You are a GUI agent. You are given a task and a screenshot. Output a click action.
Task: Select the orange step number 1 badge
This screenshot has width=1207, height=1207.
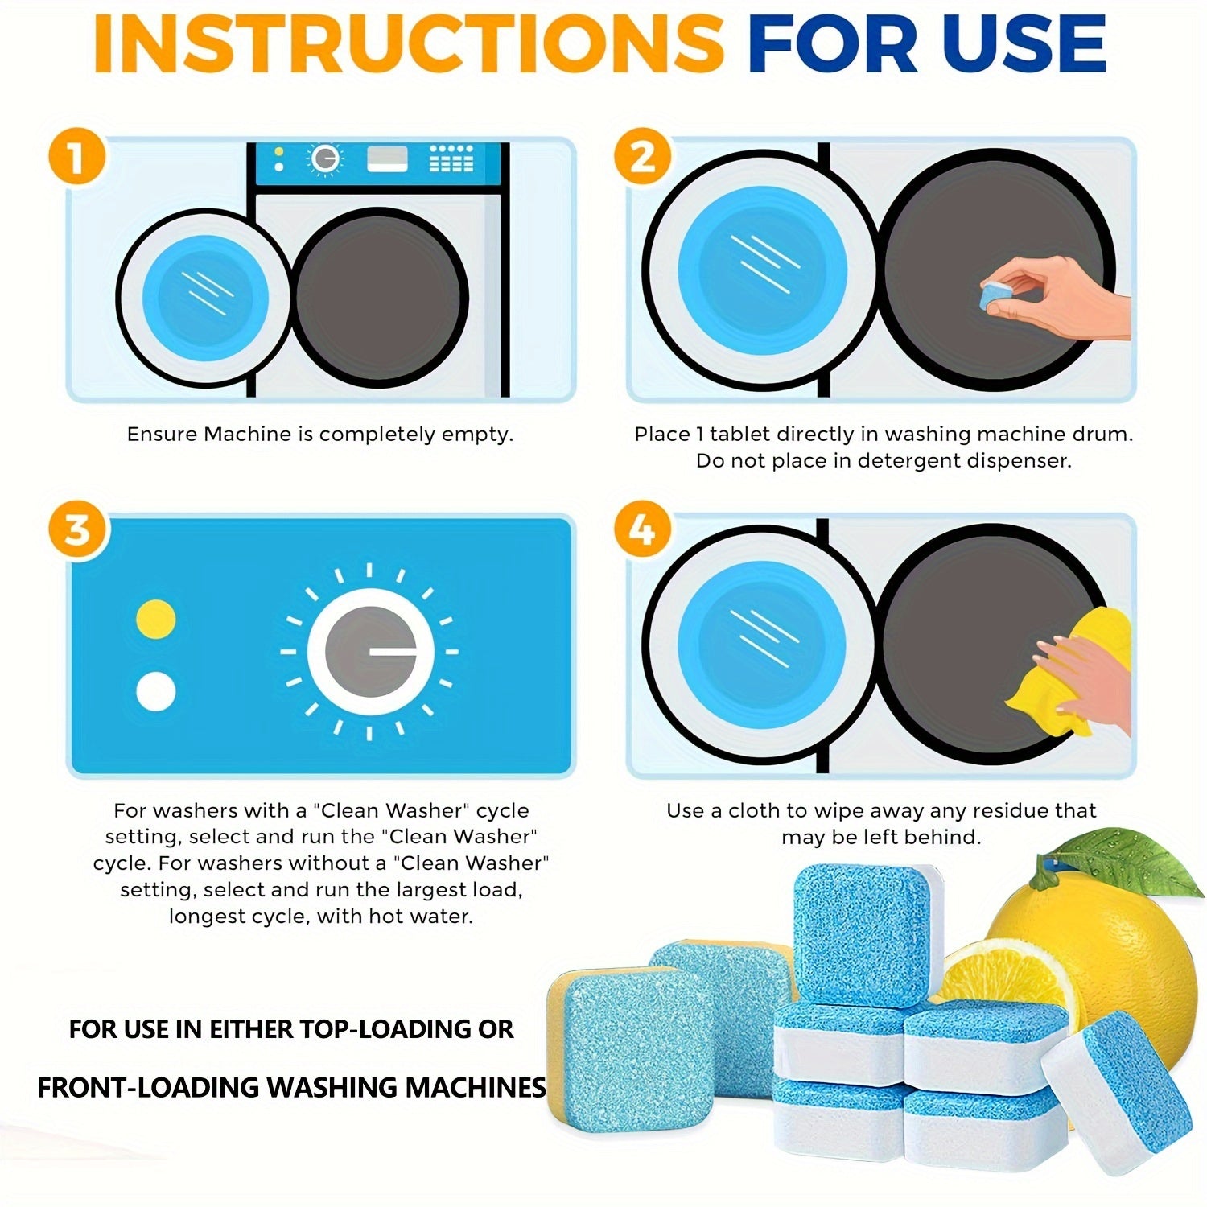click(76, 157)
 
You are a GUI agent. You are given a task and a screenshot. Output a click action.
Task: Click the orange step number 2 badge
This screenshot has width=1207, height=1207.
click(641, 157)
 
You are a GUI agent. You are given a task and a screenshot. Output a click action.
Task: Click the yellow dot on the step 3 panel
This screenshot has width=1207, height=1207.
click(156, 618)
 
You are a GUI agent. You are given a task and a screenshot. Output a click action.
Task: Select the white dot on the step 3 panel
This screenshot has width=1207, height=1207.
click(156, 690)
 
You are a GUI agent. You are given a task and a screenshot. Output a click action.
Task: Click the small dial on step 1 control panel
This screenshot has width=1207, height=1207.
click(324, 160)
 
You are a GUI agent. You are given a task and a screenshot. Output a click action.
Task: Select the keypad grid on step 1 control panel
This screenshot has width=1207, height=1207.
click(451, 159)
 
